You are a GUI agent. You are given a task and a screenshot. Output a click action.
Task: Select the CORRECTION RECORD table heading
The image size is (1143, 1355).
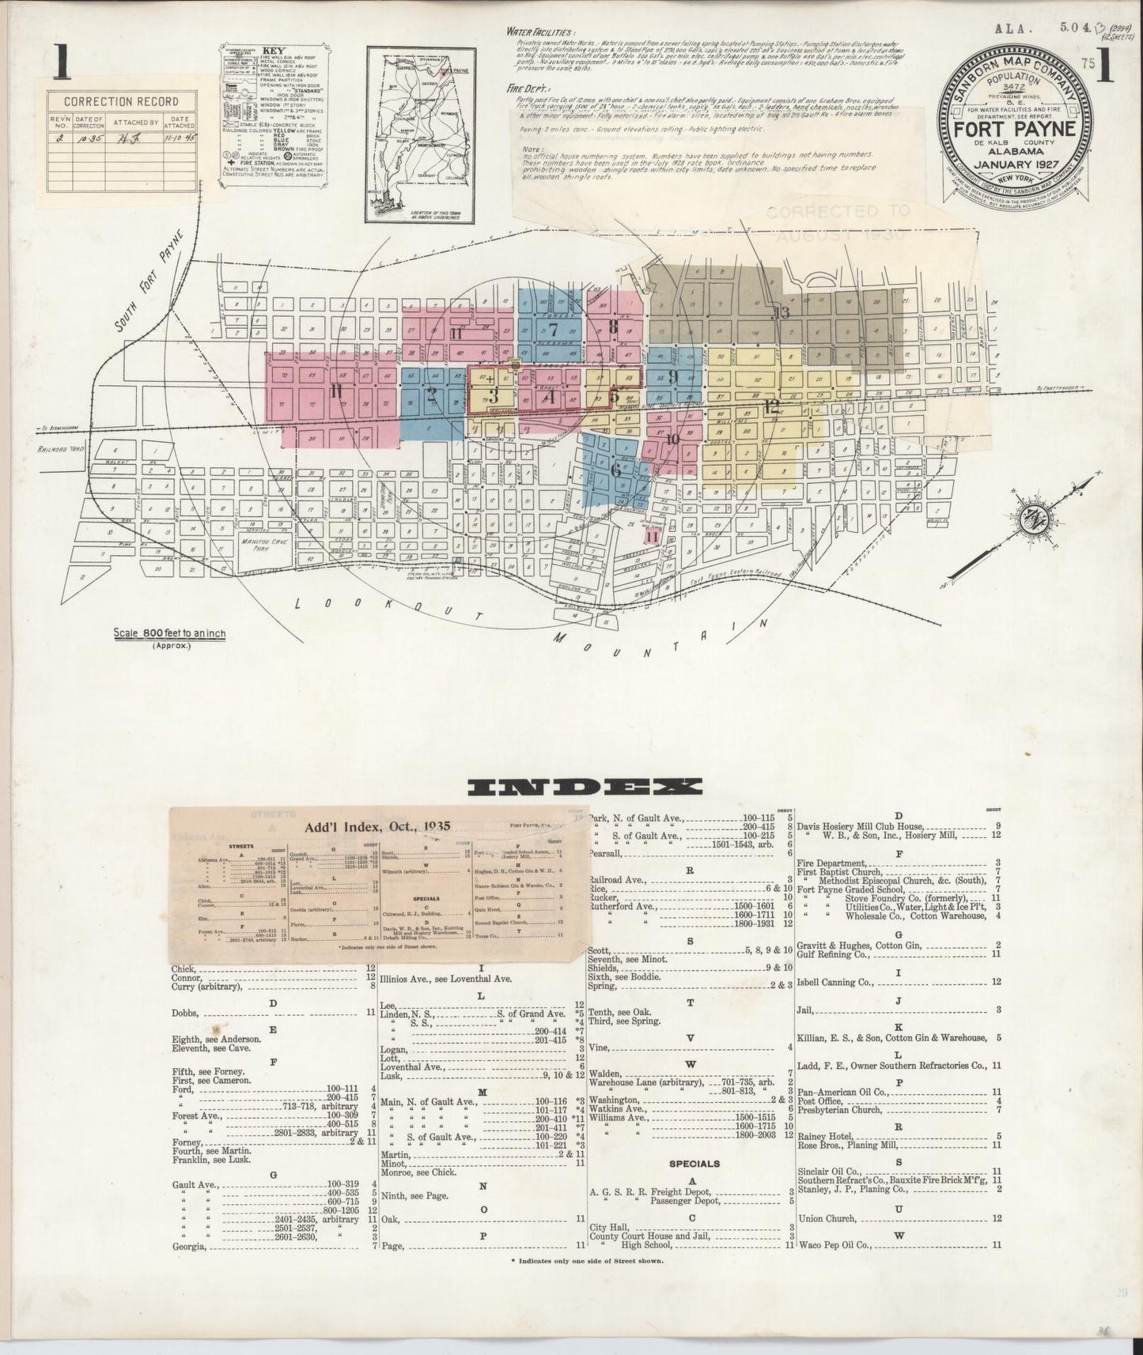coord(121,102)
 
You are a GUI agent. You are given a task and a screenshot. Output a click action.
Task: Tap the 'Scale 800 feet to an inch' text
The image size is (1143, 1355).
coord(169,634)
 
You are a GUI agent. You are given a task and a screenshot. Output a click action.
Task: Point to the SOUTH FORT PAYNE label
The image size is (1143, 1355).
coord(149,281)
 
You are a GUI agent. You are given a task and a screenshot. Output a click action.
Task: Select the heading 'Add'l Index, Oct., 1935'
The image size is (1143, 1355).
coord(378,826)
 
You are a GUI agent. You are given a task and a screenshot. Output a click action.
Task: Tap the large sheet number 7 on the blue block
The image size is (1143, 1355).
coord(553,330)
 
